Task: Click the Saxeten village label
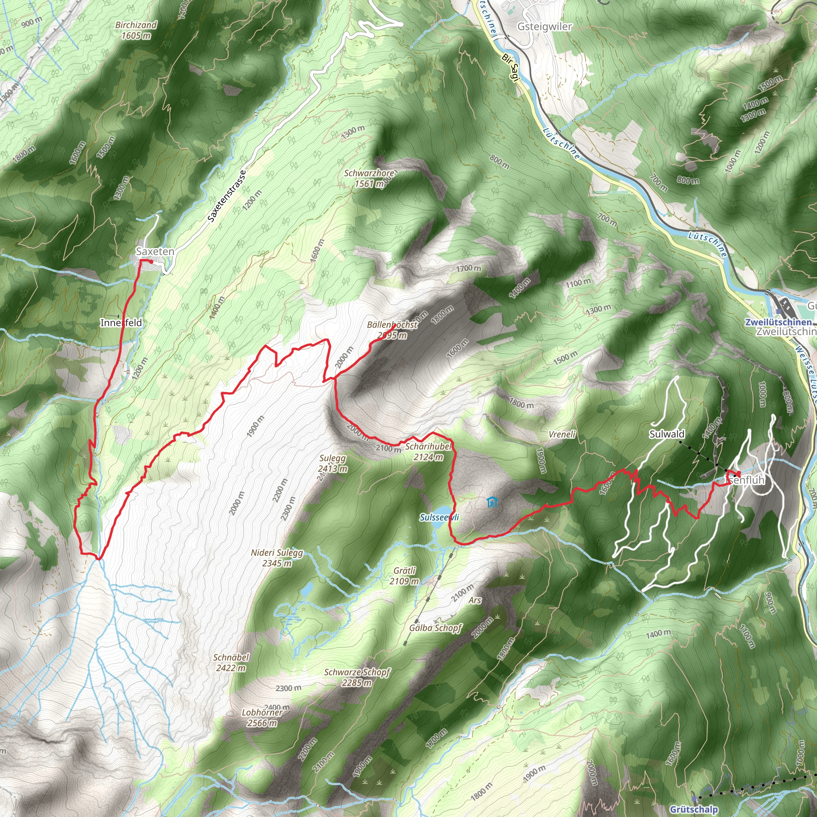tap(155, 252)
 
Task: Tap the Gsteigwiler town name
tap(544, 27)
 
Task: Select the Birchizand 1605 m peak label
tap(136, 30)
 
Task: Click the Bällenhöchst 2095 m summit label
tap(392, 330)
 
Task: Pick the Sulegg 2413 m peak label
tap(333, 464)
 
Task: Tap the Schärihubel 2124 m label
tap(428, 452)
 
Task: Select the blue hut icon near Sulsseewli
tap(491, 502)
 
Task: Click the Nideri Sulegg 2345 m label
tap(277, 558)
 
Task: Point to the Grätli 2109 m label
tap(404, 576)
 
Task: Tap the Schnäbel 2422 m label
tap(231, 663)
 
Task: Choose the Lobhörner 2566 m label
tap(262, 718)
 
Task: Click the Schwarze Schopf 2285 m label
tap(357, 677)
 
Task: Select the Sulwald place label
tap(667, 434)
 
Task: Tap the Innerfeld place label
tap(121, 323)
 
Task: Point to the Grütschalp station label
tap(694, 809)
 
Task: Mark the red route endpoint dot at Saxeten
tap(151, 262)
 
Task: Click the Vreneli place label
tap(562, 434)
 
